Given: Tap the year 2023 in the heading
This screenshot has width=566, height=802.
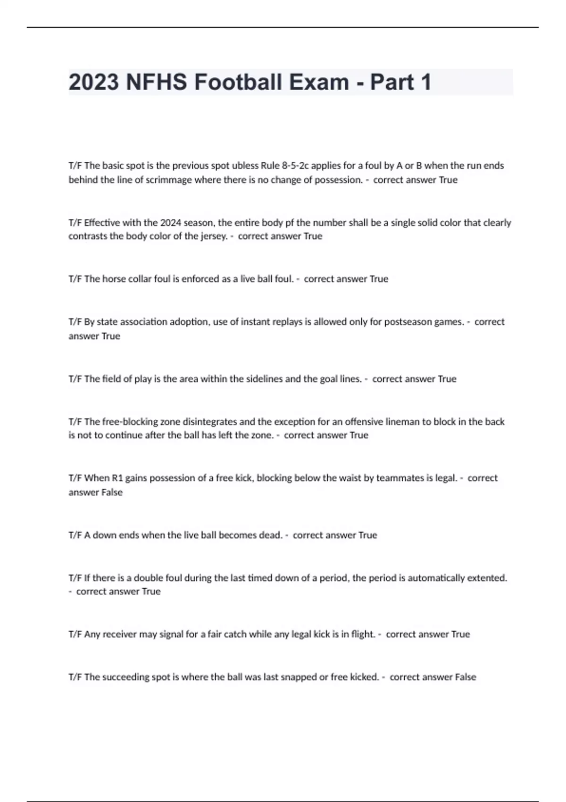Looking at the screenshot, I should (93, 83).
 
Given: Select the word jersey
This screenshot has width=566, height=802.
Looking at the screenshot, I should (211, 236).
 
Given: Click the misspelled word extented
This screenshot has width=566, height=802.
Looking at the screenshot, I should (487, 578).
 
